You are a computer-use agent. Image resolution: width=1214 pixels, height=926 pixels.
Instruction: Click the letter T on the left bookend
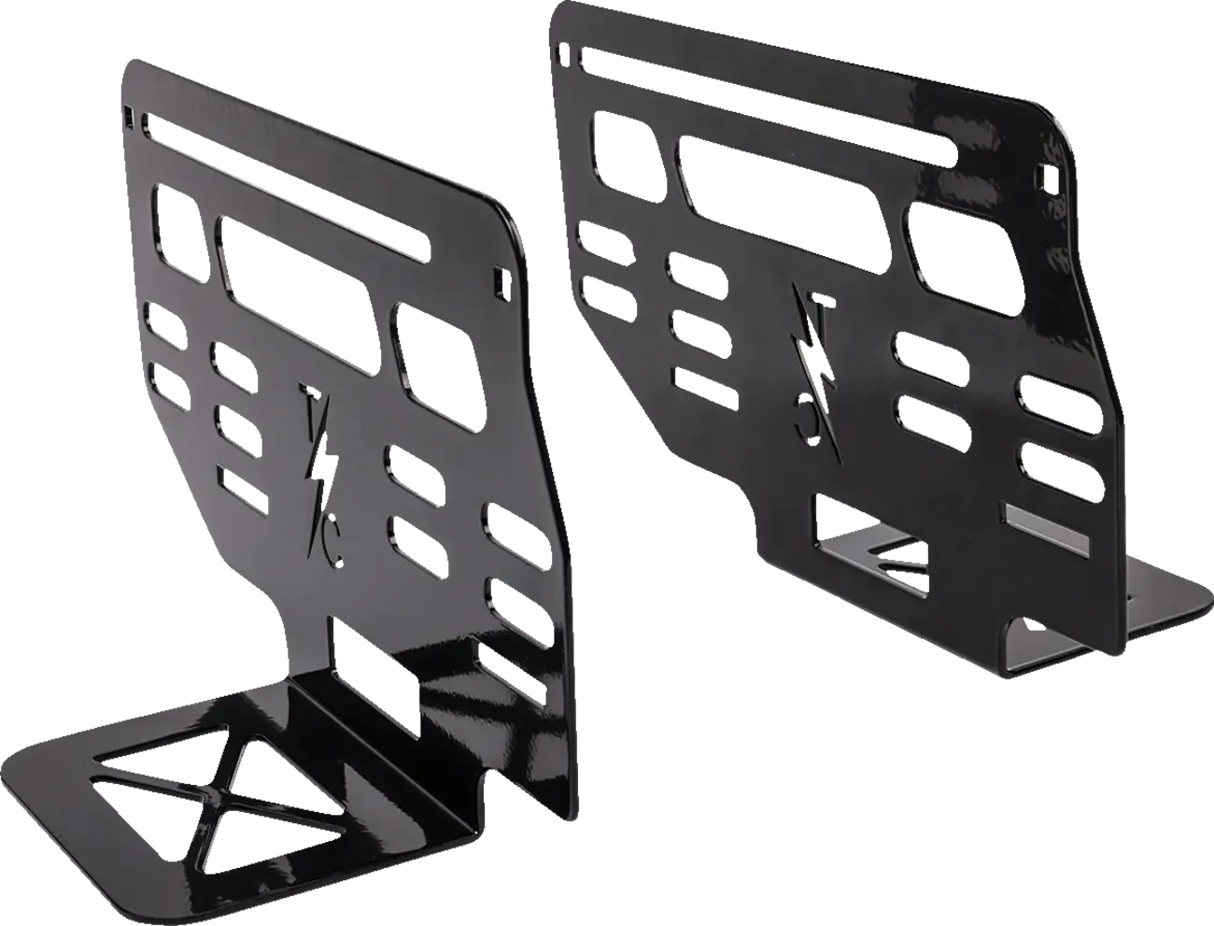309,404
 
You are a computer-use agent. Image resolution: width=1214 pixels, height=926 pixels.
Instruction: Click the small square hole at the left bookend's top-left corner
128,114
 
